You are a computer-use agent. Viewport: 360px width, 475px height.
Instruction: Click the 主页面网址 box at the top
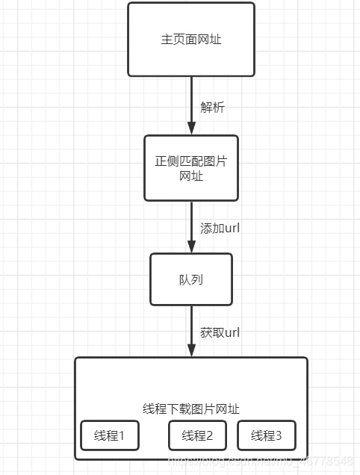tap(191, 40)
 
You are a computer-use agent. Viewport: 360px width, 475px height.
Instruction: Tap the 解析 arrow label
tap(212, 107)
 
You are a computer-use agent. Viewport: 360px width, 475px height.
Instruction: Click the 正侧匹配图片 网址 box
tap(191, 168)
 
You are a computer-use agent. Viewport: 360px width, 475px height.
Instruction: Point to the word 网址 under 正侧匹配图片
tap(191, 176)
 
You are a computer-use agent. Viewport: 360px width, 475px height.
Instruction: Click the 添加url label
tap(220, 228)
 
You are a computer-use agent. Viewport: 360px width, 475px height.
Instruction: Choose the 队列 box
tap(191, 279)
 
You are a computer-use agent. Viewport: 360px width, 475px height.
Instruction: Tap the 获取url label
tap(220, 332)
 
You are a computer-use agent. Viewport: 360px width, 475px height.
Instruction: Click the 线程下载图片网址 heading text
tap(191, 409)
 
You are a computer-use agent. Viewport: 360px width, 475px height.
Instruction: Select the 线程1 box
tap(110, 435)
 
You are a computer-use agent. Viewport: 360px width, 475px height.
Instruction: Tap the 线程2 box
tap(197, 435)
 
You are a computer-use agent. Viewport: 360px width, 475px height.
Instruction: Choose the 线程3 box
tap(267, 435)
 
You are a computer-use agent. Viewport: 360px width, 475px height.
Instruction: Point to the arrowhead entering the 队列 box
tap(191, 247)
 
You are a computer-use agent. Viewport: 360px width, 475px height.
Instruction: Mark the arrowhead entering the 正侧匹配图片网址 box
tap(191, 129)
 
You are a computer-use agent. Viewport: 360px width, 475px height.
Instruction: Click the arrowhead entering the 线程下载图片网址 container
tap(191, 351)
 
